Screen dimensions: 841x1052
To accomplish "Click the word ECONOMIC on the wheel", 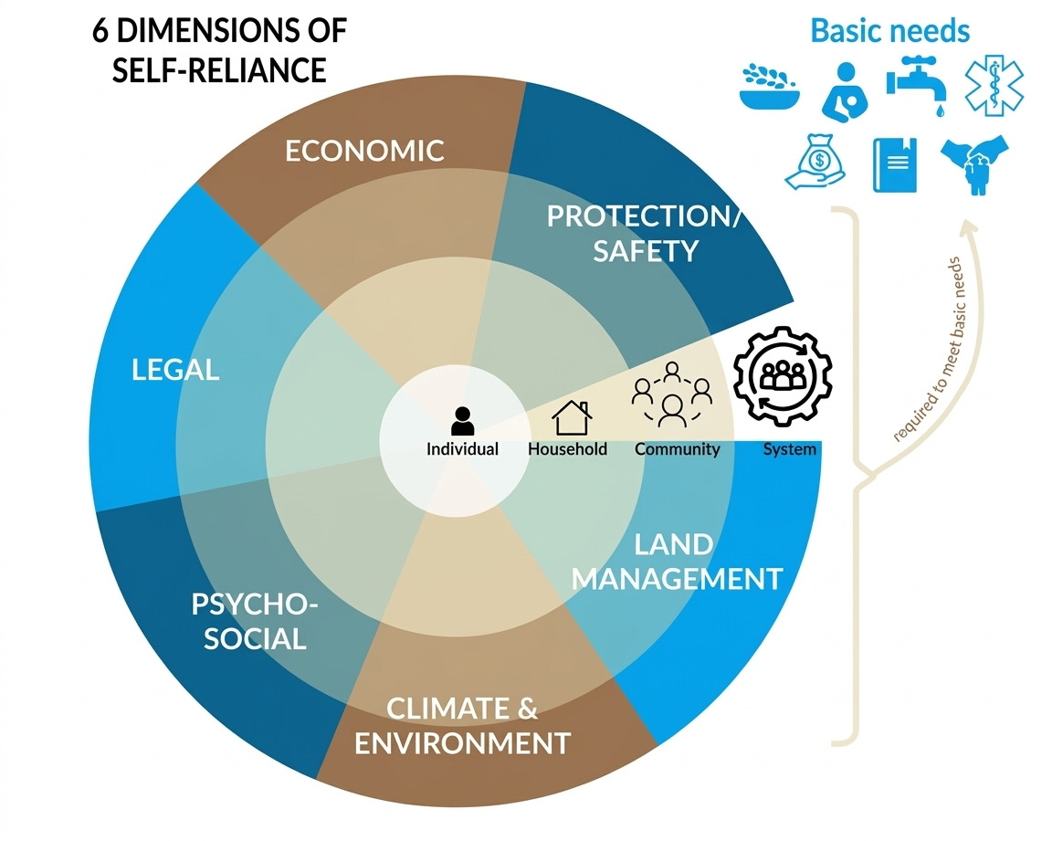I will point(364,150).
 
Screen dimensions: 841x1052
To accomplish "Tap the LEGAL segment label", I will point(175,370).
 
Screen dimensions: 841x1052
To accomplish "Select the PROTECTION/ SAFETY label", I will point(645,233).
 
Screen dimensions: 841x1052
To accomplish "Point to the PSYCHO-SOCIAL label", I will point(255,621).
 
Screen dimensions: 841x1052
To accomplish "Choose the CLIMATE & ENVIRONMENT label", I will point(462,726).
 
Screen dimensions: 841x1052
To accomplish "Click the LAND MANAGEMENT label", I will point(677,562).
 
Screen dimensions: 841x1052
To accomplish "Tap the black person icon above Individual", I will point(463,420).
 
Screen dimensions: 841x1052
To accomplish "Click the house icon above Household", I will point(572,417).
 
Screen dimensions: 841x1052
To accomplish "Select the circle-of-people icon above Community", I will point(672,394).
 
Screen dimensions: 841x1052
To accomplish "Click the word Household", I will point(567,449).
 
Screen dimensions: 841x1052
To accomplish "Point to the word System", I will point(789,449).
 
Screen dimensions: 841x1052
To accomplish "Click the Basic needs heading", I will point(889,31).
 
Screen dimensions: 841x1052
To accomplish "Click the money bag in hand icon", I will point(815,165).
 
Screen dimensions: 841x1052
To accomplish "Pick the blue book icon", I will point(894,165).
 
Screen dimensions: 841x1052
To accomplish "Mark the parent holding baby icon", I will point(847,90).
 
